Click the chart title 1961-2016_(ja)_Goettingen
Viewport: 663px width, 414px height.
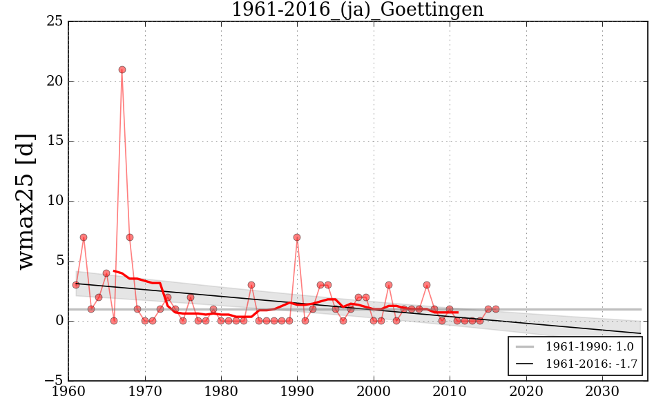[x=357, y=10]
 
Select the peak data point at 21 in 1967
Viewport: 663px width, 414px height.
[x=122, y=70]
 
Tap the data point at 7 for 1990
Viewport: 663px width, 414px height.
[x=297, y=237]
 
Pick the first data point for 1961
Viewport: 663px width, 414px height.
[x=76, y=285]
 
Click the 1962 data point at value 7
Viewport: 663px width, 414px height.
[x=84, y=237]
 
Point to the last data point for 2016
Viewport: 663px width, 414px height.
[x=496, y=309]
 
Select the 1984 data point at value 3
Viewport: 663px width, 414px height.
[x=251, y=285]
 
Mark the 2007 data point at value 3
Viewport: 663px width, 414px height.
[x=427, y=285]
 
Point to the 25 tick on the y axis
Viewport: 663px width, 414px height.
[x=55, y=22]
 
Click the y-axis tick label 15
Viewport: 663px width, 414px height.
[x=55, y=141]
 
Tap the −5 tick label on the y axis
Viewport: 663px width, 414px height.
[x=52, y=381]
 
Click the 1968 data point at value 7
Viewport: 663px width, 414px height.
[x=130, y=237]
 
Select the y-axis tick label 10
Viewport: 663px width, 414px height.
[x=55, y=201]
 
